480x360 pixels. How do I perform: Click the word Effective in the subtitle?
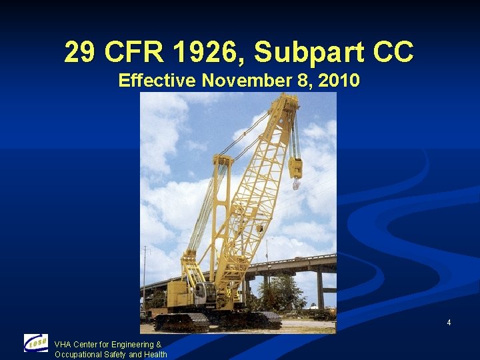(x=157, y=81)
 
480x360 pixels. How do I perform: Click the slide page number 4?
(x=449, y=323)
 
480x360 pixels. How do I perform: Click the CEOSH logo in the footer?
(x=36, y=343)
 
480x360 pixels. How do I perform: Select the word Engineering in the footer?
(x=133, y=345)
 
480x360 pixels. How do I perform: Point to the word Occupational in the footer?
(x=77, y=354)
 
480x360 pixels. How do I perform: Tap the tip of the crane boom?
(x=288, y=101)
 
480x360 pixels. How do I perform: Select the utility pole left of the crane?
(x=145, y=280)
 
